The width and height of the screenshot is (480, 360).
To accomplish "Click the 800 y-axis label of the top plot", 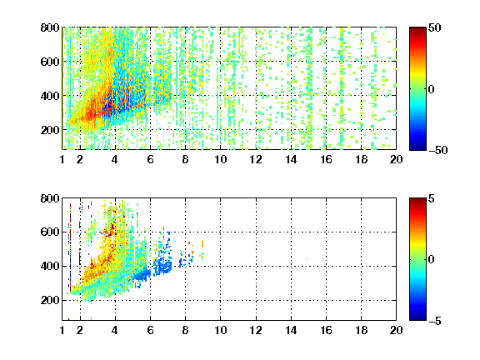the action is coord(50,27).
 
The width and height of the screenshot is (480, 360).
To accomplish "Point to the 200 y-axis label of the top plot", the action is coord(50,130).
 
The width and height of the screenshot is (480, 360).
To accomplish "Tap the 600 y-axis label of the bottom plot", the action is coord(50,232).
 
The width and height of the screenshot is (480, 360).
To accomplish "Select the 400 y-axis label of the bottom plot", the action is coord(50,266).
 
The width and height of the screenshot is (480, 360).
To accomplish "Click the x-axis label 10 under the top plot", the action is coord(220,159).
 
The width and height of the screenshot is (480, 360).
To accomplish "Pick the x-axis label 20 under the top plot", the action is coord(396,159).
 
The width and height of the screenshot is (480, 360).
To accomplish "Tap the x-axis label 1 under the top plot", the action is coord(62,159).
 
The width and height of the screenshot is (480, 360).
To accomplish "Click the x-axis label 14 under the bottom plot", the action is coord(291,330).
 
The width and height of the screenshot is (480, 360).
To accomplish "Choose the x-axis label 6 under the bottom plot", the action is coord(150,330).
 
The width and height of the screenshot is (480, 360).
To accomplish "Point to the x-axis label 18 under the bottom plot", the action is coord(361,330).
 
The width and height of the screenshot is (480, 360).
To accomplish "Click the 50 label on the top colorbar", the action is coord(434,27).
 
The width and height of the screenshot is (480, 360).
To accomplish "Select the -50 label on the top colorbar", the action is coord(437,150).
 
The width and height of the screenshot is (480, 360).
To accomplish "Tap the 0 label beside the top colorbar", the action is coord(431,89).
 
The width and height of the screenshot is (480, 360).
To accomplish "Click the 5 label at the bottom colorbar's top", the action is coord(432,198).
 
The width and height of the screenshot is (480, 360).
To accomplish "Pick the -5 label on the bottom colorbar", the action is coord(434,321).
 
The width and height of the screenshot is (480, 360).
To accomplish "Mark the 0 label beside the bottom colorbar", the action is coord(431,260).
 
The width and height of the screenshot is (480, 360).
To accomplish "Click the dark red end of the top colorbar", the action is coord(417,30).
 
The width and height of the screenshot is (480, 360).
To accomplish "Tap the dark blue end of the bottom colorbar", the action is coord(417,317).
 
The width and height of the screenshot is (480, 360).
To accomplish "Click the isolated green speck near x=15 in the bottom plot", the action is coord(307,258).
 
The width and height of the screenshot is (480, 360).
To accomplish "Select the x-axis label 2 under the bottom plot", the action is coord(80,330).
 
